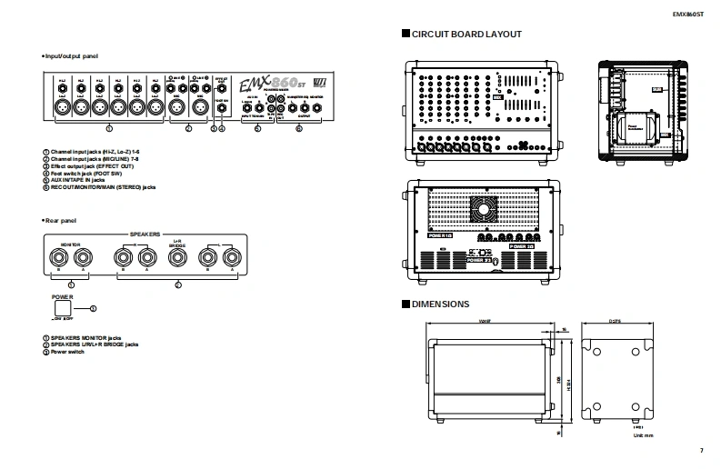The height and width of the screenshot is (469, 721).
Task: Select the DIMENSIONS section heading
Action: coord(441,304)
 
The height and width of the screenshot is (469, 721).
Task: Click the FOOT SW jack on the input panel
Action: coord(224,107)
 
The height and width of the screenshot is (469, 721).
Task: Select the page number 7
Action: coord(702,451)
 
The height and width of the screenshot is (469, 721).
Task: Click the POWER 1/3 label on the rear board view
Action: coord(522,245)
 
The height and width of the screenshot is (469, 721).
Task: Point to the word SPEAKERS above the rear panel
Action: coord(146,233)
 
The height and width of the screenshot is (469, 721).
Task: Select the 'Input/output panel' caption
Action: coord(72,56)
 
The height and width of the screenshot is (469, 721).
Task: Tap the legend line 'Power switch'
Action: coord(69,351)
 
